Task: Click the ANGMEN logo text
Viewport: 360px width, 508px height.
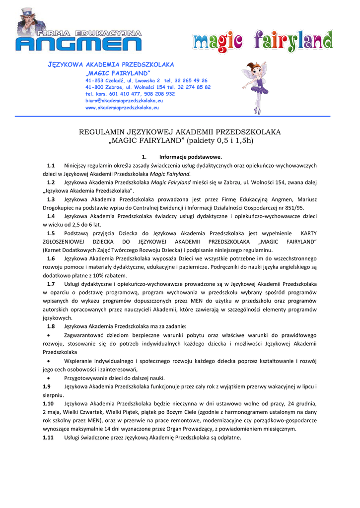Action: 78,44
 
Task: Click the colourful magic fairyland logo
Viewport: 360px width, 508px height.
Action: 263,41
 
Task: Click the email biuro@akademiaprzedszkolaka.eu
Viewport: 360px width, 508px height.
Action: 124,100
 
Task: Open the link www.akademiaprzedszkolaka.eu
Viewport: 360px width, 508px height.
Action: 122,107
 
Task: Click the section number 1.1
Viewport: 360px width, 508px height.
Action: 51,165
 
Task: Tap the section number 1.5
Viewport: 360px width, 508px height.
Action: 51,233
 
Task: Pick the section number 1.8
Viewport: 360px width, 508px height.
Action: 51,326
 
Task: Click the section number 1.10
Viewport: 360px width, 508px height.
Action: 49,403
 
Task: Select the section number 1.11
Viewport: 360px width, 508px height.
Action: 49,438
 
